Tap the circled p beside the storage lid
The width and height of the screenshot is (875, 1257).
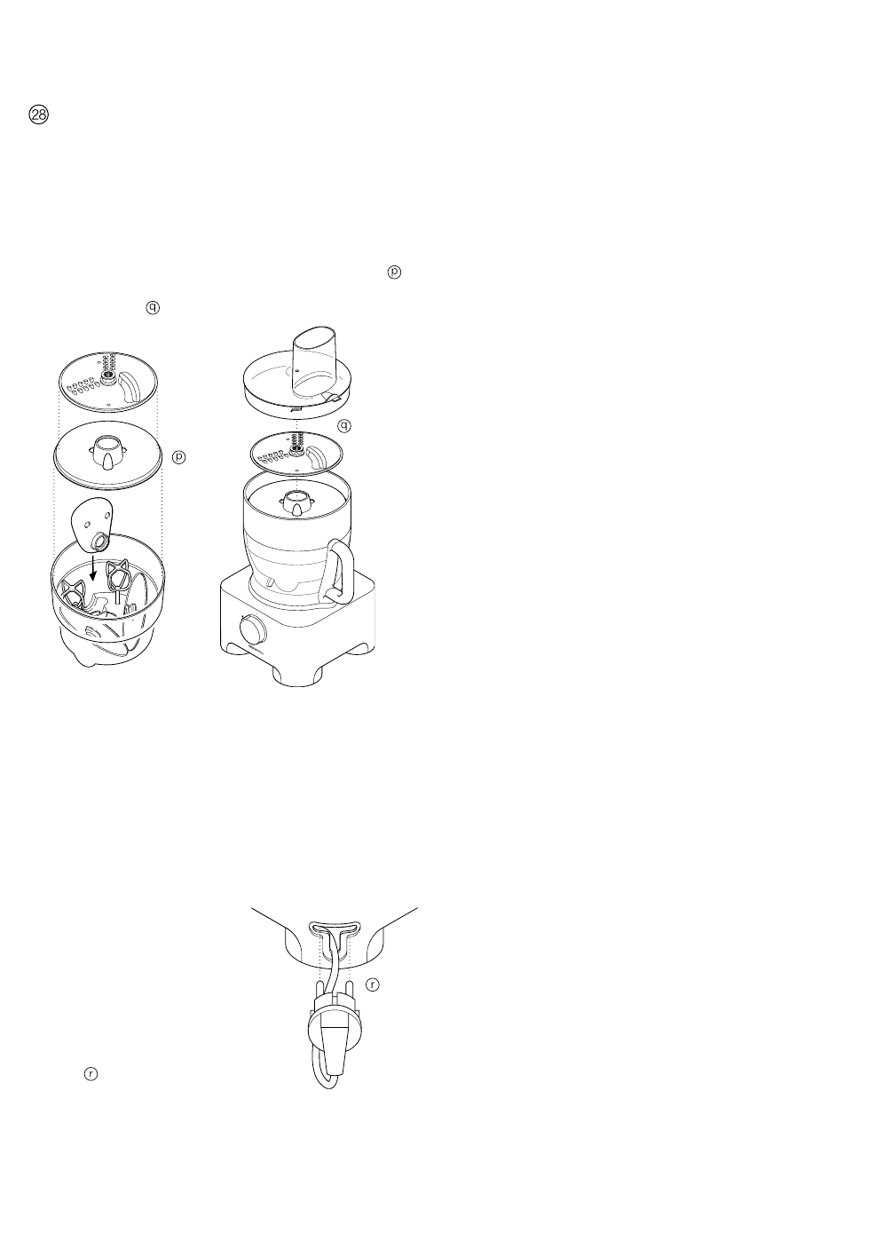[178, 457]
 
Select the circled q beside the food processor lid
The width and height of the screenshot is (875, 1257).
[343, 425]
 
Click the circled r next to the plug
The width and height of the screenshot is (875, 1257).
[373, 985]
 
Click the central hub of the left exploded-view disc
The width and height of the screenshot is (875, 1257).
[107, 379]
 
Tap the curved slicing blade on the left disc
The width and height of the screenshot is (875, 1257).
[133, 387]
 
